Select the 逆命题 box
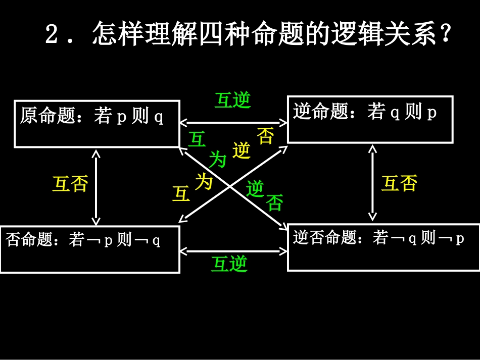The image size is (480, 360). pyautogui.click(x=370, y=120)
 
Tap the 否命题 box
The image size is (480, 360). pyautogui.click(x=89, y=249)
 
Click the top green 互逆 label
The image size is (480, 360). pyautogui.click(x=232, y=100)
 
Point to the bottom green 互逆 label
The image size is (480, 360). pyautogui.click(x=229, y=264)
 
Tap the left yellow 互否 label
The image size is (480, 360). pyautogui.click(x=70, y=184)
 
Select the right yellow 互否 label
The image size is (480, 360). pyautogui.click(x=399, y=183)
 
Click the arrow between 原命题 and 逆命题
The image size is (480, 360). pyautogui.click(x=233, y=122)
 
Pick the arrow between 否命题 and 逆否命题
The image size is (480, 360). pyautogui.click(x=233, y=250)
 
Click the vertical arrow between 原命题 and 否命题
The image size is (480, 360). pyautogui.click(x=96, y=187)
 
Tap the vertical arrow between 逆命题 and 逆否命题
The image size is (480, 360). pyautogui.click(x=373, y=183)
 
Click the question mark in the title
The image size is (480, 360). pyautogui.click(x=445, y=35)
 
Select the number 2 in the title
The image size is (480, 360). pyautogui.click(x=52, y=35)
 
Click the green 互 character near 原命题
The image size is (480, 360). pyautogui.click(x=197, y=139)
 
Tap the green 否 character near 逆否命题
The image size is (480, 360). pyautogui.click(x=275, y=202)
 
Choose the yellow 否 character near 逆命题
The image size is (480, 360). pyautogui.click(x=266, y=136)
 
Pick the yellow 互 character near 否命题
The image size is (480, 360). pyautogui.click(x=181, y=194)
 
